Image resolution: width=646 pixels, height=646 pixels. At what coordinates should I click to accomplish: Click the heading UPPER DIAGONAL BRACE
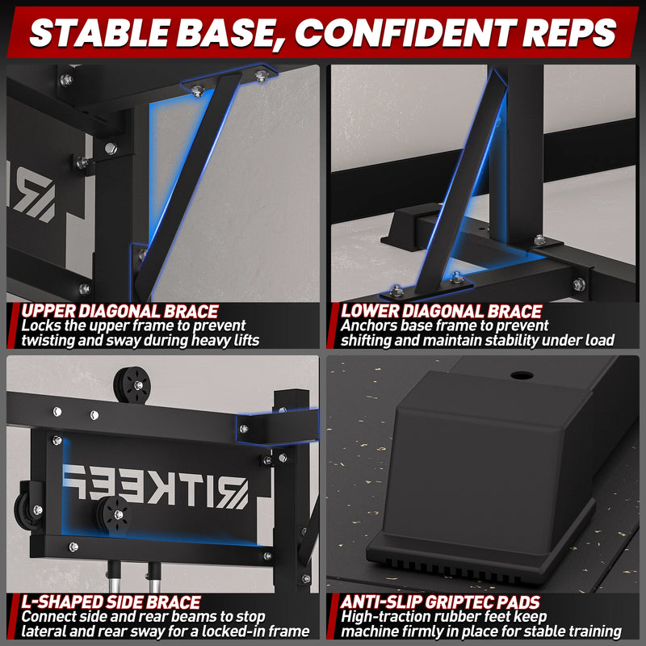pyautogui.click(x=120, y=311)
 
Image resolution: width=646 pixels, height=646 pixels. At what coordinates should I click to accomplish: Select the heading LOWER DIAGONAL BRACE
pyautogui.click(x=441, y=311)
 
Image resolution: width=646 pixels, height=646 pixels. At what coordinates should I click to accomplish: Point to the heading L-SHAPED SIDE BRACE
pyautogui.click(x=111, y=602)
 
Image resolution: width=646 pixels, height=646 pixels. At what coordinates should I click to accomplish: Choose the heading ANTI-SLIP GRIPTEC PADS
pyautogui.click(x=440, y=602)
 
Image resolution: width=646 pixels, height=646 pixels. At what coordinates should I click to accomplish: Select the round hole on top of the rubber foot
pyautogui.click(x=522, y=375)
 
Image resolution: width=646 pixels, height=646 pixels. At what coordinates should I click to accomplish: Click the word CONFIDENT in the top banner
pyautogui.click(x=406, y=33)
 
